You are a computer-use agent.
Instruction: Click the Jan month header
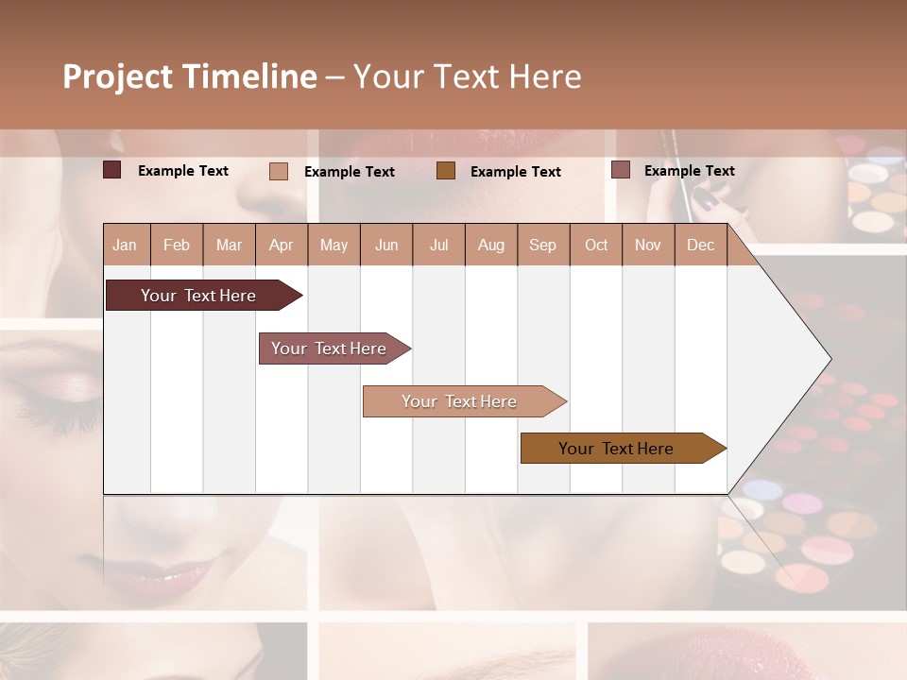click(x=125, y=245)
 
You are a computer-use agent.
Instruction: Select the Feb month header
click(x=177, y=245)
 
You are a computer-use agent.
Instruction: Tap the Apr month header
click(x=281, y=245)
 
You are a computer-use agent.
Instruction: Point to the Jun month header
click(x=386, y=245)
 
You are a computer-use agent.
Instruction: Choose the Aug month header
click(x=490, y=245)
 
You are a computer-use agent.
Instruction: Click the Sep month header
click(x=542, y=245)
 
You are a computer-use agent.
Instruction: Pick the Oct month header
click(x=596, y=245)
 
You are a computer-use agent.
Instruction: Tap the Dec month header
click(x=700, y=245)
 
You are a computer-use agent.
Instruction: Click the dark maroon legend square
click(x=111, y=170)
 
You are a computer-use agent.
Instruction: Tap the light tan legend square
click(x=278, y=171)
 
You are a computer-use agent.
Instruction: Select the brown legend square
click(x=446, y=170)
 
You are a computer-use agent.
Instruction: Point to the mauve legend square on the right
click(x=620, y=170)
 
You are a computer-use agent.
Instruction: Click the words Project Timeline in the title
click(x=189, y=76)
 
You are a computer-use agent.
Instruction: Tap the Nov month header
click(x=648, y=245)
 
